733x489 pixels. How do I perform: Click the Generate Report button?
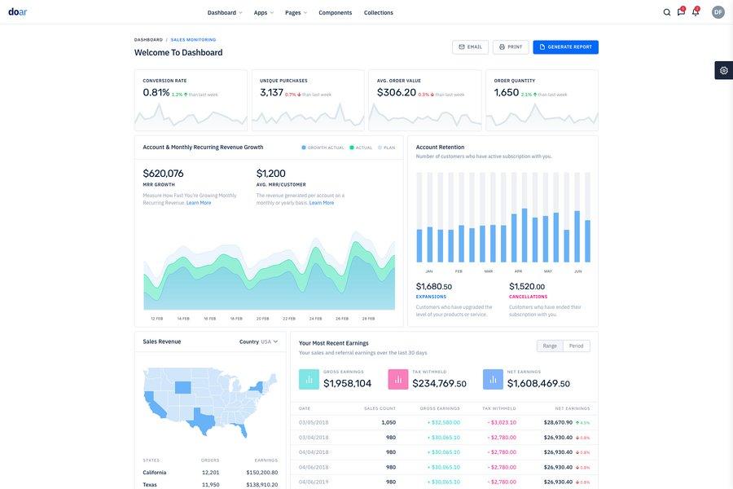565,47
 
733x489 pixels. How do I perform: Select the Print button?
511,47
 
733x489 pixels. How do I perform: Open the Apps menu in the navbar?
263,12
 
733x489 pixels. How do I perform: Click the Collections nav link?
378,12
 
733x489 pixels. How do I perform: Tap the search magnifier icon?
667,12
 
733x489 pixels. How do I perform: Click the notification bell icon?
695,12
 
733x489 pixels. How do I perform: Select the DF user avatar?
718,12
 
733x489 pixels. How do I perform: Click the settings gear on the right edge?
723,70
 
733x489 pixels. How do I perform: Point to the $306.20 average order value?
396,93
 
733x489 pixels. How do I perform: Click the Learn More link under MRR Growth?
199,203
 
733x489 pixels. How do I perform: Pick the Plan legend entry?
386,148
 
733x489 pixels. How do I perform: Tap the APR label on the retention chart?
518,271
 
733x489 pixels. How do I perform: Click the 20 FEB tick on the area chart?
262,319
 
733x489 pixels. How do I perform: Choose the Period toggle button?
576,346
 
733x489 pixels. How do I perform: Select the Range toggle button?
550,346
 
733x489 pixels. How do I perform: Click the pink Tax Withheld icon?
398,379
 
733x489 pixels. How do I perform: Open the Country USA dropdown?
259,341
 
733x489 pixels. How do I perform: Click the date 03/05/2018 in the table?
314,422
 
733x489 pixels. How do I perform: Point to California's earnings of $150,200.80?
261,473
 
